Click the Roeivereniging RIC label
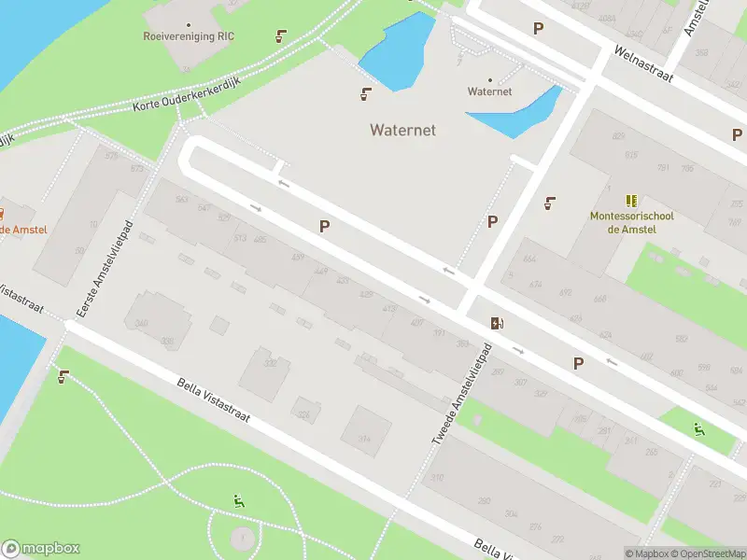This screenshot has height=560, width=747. pyautogui.click(x=189, y=36)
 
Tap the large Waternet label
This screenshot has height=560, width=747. pyautogui.click(x=402, y=130)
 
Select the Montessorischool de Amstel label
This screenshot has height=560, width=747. pyautogui.click(x=631, y=223)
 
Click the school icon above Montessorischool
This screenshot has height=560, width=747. pyautogui.click(x=632, y=200)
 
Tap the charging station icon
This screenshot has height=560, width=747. pyautogui.click(x=498, y=323)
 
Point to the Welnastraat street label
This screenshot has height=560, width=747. pyautogui.click(x=643, y=63)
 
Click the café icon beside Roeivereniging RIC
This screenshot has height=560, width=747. pyautogui.click(x=280, y=37)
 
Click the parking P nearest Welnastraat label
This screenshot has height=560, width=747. pyautogui.click(x=538, y=29)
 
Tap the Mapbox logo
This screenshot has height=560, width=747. pyautogui.click(x=41, y=549)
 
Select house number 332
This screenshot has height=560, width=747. pyautogui.click(x=271, y=363)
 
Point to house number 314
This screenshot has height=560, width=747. pyautogui.click(x=363, y=439)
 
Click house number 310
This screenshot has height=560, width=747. pyautogui.click(x=436, y=479)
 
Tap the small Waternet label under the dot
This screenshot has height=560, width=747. pyautogui.click(x=489, y=91)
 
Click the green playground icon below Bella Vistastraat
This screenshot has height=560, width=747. pyautogui.click(x=239, y=500)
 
